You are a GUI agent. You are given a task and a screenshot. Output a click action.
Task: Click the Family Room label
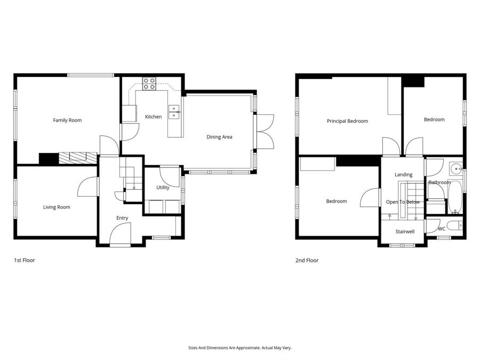67,121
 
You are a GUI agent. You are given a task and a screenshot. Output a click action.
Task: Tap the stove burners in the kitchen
149,84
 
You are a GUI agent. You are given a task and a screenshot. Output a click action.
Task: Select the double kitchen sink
174,111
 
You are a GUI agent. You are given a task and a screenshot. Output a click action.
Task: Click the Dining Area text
219,137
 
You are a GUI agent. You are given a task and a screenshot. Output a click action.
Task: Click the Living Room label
57,207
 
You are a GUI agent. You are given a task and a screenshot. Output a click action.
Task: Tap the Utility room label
163,188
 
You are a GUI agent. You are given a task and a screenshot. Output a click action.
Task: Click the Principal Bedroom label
347,121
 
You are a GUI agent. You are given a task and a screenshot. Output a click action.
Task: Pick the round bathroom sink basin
456,170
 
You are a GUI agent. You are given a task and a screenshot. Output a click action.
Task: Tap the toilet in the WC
455,226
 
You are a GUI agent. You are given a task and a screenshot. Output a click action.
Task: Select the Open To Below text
403,202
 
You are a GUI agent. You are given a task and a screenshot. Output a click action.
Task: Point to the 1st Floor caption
24,261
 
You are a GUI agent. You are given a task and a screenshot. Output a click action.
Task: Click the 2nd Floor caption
307,261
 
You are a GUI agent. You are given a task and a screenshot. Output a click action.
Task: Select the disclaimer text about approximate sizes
239,348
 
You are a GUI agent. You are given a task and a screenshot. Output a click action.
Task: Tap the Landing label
403,174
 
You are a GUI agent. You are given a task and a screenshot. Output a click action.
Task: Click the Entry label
122,218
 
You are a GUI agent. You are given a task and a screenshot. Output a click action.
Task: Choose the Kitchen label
153,117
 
